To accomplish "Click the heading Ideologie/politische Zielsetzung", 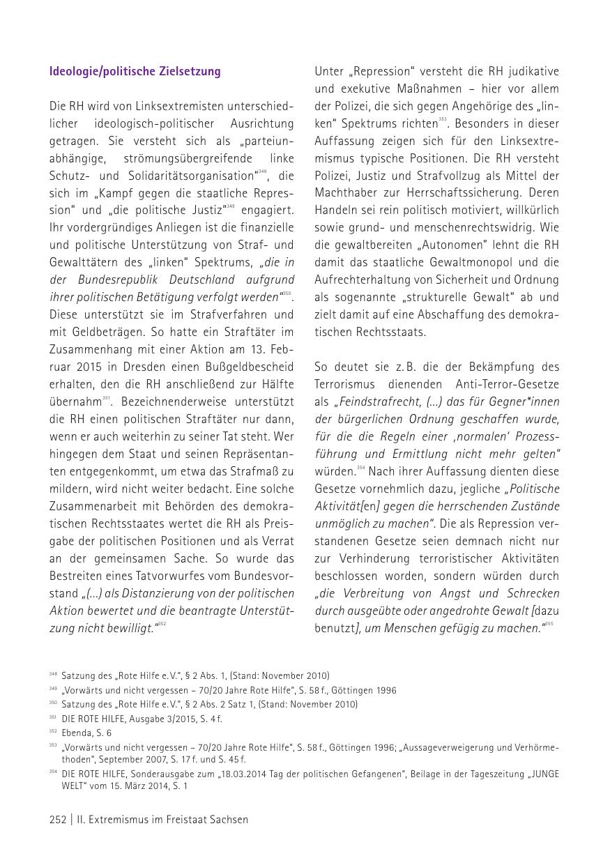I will click(135, 72).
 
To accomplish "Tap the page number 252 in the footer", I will click(57, 820).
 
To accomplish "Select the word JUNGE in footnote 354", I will click(544, 774).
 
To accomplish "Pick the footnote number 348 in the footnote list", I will click(53, 675).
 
